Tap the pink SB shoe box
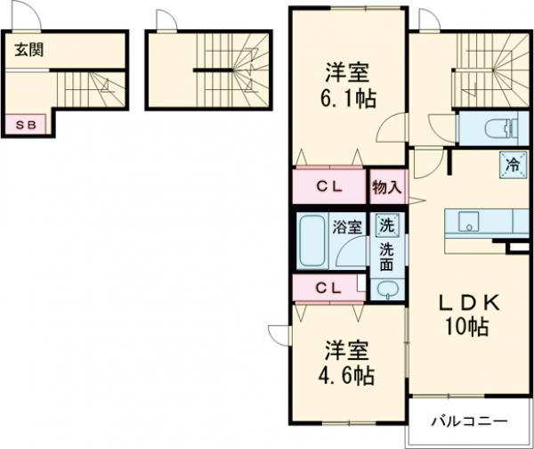pos(24,125)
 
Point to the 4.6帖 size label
pos(348,375)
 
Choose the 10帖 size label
pos(466,327)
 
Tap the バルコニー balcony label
pos(470,420)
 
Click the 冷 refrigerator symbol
pos(513,164)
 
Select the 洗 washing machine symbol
pos(386,226)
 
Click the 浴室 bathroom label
pos(346,227)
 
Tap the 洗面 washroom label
pos(387,257)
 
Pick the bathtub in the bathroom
pos(312,241)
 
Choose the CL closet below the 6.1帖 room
pos(330,187)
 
